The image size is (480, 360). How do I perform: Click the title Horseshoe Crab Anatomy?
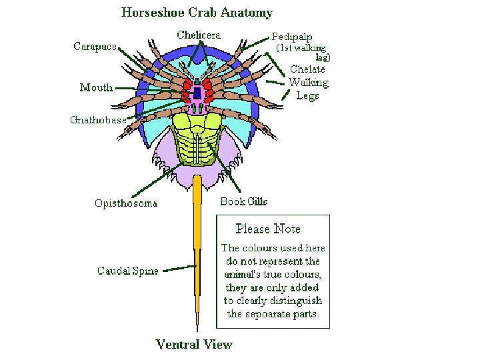click(197, 12)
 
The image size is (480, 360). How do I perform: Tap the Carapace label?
click(94, 46)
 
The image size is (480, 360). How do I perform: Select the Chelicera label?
click(199, 35)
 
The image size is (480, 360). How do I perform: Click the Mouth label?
click(96, 87)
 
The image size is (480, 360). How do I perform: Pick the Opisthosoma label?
click(126, 203)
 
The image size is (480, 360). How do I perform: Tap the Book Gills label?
click(244, 201)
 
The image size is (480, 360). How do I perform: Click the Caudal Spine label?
click(128, 271)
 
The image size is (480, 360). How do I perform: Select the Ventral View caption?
click(194, 344)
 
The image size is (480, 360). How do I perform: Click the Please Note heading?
click(268, 229)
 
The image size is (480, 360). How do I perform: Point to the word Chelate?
click(307, 69)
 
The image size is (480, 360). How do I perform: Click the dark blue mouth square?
click(197, 93)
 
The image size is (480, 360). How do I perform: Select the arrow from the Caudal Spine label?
click(179, 269)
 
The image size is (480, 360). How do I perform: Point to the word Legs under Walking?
click(307, 95)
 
